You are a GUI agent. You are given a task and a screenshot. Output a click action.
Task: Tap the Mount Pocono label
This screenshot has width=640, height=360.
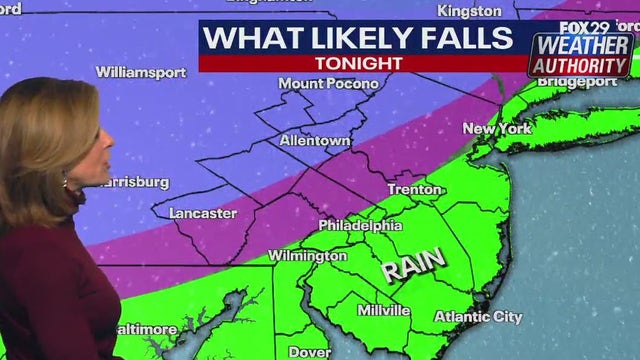tap(328, 84)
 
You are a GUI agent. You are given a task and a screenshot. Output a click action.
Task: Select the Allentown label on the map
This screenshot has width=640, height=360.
tap(314, 141)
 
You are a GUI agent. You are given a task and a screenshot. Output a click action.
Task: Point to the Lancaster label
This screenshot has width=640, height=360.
tap(203, 213)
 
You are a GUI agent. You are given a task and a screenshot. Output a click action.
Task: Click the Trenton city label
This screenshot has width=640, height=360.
tap(414, 189)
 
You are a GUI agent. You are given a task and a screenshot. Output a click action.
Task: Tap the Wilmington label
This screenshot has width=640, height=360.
tap(307, 256)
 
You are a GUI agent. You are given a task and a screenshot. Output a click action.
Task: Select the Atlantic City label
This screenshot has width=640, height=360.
tap(478, 317)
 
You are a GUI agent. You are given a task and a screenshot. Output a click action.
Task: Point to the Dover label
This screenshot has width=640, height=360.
tap(309, 352)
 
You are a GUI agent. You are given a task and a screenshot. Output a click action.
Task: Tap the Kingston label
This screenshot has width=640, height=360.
tap(468, 11)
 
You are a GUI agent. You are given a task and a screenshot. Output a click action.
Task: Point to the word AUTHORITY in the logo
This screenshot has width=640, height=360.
tap(581, 66)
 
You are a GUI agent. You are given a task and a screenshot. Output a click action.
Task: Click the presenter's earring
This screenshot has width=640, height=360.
tap(65, 183)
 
